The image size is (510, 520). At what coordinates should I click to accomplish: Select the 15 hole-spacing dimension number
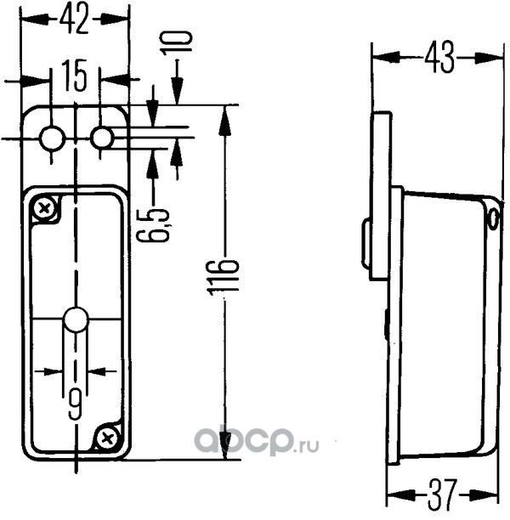[x=75, y=76]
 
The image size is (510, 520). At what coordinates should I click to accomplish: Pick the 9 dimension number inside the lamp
[x=76, y=404]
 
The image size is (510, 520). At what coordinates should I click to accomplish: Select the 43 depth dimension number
[x=439, y=59]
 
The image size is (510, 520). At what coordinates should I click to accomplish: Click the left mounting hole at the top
[x=52, y=138]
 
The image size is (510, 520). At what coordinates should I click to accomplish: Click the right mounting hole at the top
[x=101, y=138]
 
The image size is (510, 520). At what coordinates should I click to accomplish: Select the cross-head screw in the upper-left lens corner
[x=44, y=209]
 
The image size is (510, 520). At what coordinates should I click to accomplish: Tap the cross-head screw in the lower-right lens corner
[x=108, y=438]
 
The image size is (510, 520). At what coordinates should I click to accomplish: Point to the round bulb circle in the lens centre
[x=76, y=319]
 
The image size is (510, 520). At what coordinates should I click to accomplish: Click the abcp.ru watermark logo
[x=256, y=441]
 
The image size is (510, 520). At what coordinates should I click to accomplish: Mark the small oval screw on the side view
[x=493, y=218]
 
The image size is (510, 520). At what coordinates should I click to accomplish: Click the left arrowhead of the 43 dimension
[x=384, y=58]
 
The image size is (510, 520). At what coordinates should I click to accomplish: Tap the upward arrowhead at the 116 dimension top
[x=225, y=121]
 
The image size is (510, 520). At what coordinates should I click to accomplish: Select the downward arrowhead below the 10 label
[x=178, y=90]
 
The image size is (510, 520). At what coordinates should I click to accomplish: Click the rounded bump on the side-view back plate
[x=366, y=243]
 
